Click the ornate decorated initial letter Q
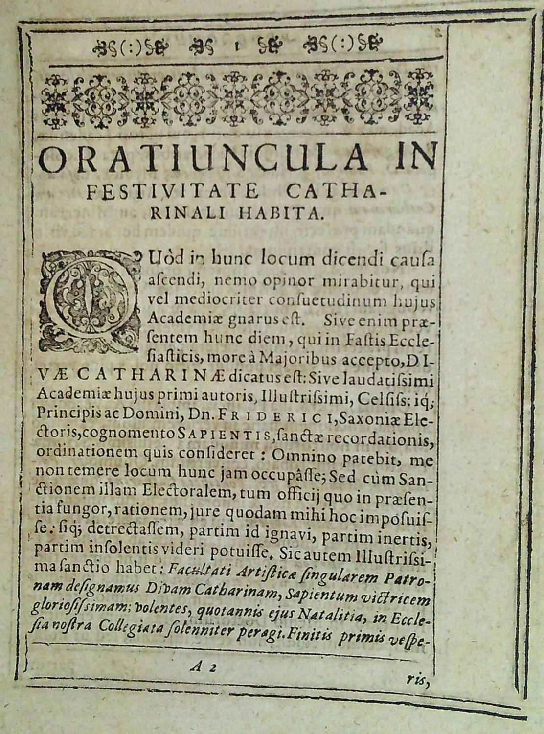pyautogui.click(x=89, y=301)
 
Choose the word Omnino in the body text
pyautogui.click(x=297, y=458)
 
